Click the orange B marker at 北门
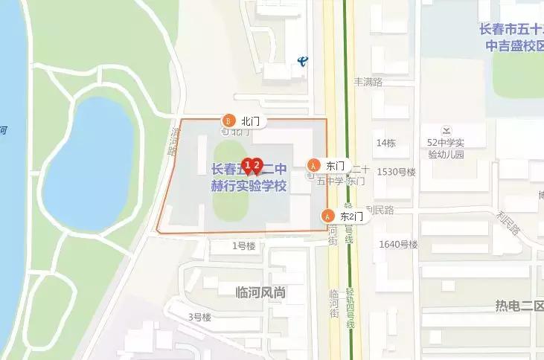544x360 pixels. [x=229, y=120]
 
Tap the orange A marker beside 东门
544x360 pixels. [x=314, y=164]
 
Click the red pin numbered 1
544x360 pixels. [x=248, y=165]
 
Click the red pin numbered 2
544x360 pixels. [x=257, y=165]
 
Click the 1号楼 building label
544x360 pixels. [x=243, y=245]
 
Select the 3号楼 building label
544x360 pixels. [x=199, y=317]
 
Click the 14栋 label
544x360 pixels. [x=386, y=142]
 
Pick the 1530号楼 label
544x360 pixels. [x=396, y=172]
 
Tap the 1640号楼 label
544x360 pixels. [x=399, y=244]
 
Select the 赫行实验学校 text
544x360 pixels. [x=249, y=185]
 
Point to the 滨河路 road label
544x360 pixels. [x=170, y=139]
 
